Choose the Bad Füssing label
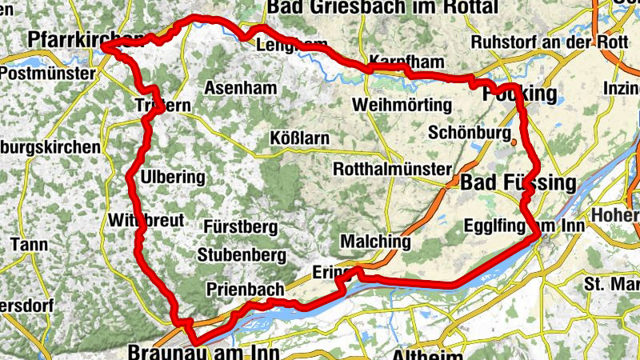pos(518,183)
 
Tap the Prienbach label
pos(240,289)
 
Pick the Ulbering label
pos(172,177)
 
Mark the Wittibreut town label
pos(146,221)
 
